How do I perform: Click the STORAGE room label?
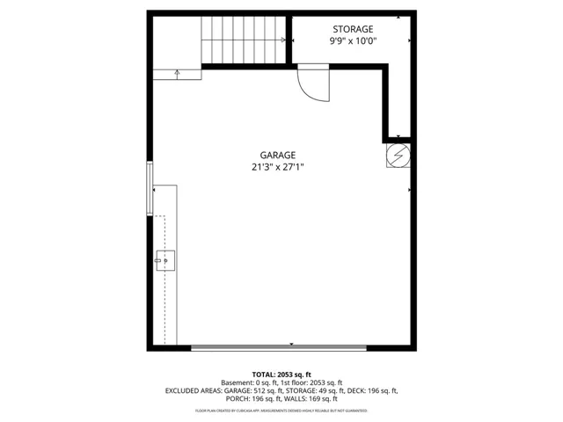[x=352, y=29]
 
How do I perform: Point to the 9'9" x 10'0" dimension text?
[x=354, y=41]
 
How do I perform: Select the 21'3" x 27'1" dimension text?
[x=277, y=167]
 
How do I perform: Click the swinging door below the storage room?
[x=312, y=84]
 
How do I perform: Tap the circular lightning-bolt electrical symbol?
[x=398, y=156]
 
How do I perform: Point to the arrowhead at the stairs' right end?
[x=283, y=40]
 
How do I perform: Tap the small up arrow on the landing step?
[x=177, y=74]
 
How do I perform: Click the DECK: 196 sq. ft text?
[x=377, y=391]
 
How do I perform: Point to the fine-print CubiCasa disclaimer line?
[x=281, y=411]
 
